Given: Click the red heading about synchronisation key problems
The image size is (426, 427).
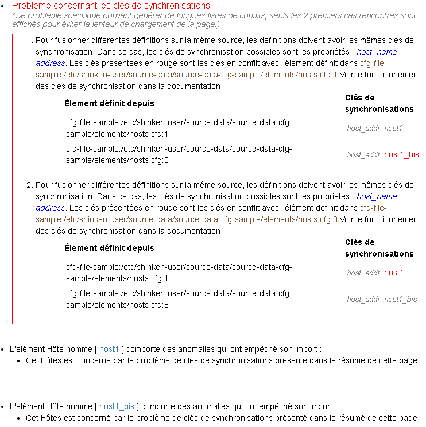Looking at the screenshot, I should (111, 6).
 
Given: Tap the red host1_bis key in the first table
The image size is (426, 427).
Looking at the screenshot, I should (401, 154).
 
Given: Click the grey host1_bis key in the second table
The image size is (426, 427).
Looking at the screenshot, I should (400, 299).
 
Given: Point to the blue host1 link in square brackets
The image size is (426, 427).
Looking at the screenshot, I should (109, 348).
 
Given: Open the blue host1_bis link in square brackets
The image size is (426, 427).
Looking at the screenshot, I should (117, 406).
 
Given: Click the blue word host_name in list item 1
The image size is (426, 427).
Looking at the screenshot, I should (377, 52).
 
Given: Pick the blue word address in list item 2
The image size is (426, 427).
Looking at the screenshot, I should (51, 208).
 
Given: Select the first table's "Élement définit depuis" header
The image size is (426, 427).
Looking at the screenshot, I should (109, 103).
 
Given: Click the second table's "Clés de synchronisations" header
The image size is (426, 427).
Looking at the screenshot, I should (379, 248).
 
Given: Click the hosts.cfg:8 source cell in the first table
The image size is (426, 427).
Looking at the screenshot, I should (179, 154).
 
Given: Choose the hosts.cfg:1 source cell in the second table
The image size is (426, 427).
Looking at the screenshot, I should (179, 273).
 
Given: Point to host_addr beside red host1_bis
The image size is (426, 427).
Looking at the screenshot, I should (363, 154).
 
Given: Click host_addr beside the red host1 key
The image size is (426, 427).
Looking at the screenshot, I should (363, 273).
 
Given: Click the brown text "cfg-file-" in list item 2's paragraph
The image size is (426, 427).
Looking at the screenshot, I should (373, 208).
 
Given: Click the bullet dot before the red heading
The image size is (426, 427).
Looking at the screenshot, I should (3, 6).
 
